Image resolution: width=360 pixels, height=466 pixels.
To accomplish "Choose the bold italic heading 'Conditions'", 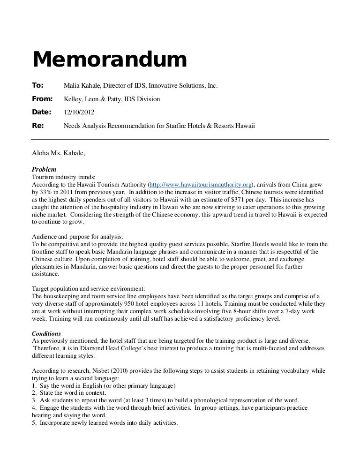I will (47, 333).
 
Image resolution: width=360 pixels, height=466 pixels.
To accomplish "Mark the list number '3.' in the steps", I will (34, 400).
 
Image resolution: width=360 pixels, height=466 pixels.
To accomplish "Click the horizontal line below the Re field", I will (180, 139).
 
